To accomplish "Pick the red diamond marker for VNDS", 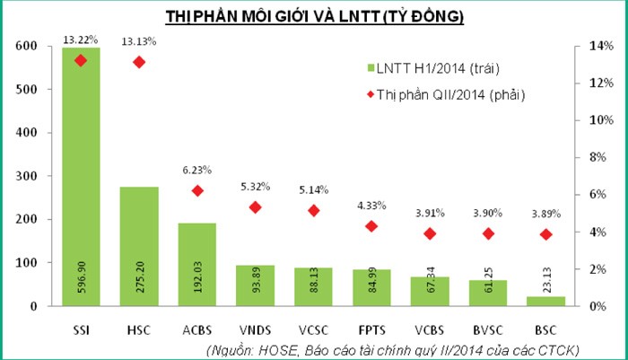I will coord(255,207).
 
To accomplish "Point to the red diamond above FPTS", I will coord(371,226).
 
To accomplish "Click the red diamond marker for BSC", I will coord(546,234).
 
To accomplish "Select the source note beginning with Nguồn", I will coord(392,348).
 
